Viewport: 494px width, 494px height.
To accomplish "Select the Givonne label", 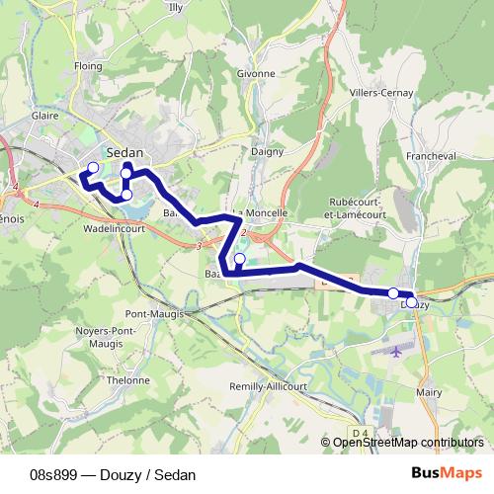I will [256, 73].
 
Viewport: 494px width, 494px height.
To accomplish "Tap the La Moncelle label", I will [261, 212].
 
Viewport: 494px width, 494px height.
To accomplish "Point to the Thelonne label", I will [128, 379].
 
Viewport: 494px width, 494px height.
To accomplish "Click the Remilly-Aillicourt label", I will [270, 385].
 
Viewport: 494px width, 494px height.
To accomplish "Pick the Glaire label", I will [45, 116].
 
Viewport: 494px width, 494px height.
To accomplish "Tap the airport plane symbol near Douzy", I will [397, 350].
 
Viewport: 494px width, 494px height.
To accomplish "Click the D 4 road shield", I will [359, 431].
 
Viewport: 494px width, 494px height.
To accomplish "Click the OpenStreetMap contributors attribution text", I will [408, 443].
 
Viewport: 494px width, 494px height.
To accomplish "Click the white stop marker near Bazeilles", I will [239, 259].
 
